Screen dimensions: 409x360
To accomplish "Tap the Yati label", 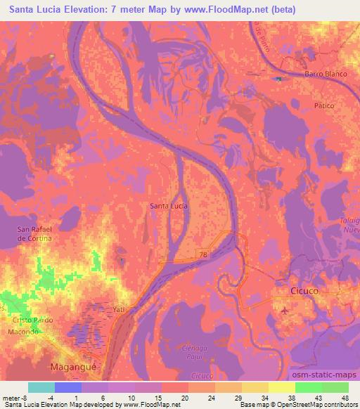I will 118,309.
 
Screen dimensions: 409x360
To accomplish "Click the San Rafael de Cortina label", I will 34,234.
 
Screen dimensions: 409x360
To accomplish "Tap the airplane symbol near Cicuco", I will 284,309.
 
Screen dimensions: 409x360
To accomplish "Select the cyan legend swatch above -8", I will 41,387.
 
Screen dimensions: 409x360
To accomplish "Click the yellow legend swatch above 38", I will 281,387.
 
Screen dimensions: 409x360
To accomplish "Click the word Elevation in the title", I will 78,10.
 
